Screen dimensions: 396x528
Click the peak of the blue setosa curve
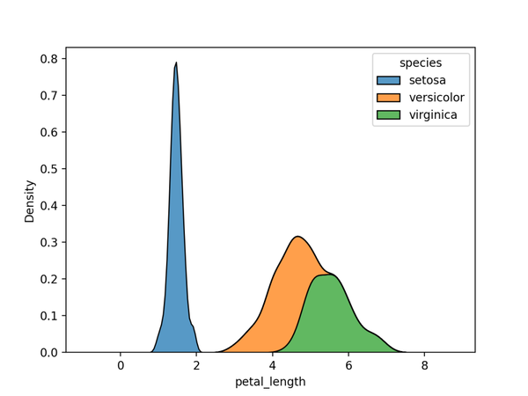click(x=176, y=63)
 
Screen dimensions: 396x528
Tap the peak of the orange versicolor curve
click(x=298, y=237)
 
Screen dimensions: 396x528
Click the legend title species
click(x=421, y=63)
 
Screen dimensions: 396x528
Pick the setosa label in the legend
click(x=428, y=81)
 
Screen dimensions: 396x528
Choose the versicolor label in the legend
click(x=436, y=98)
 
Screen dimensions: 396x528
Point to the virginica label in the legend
click(x=433, y=114)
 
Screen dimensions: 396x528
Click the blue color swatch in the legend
click(x=388, y=81)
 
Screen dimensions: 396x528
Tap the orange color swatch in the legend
click(x=388, y=98)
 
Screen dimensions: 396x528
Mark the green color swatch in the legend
click(x=388, y=114)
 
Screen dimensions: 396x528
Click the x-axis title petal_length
click(x=270, y=382)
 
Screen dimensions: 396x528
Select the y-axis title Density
click(x=30, y=201)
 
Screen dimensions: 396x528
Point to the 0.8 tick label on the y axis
click(x=50, y=59)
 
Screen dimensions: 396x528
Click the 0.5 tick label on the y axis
click(x=50, y=169)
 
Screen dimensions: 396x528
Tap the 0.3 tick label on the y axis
click(x=50, y=242)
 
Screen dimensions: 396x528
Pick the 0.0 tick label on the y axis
click(x=50, y=352)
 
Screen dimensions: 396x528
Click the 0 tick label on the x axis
click(x=121, y=364)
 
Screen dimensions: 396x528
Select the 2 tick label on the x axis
click(x=196, y=364)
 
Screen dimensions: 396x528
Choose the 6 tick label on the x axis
click(x=348, y=364)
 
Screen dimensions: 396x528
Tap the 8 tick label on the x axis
click(x=424, y=364)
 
